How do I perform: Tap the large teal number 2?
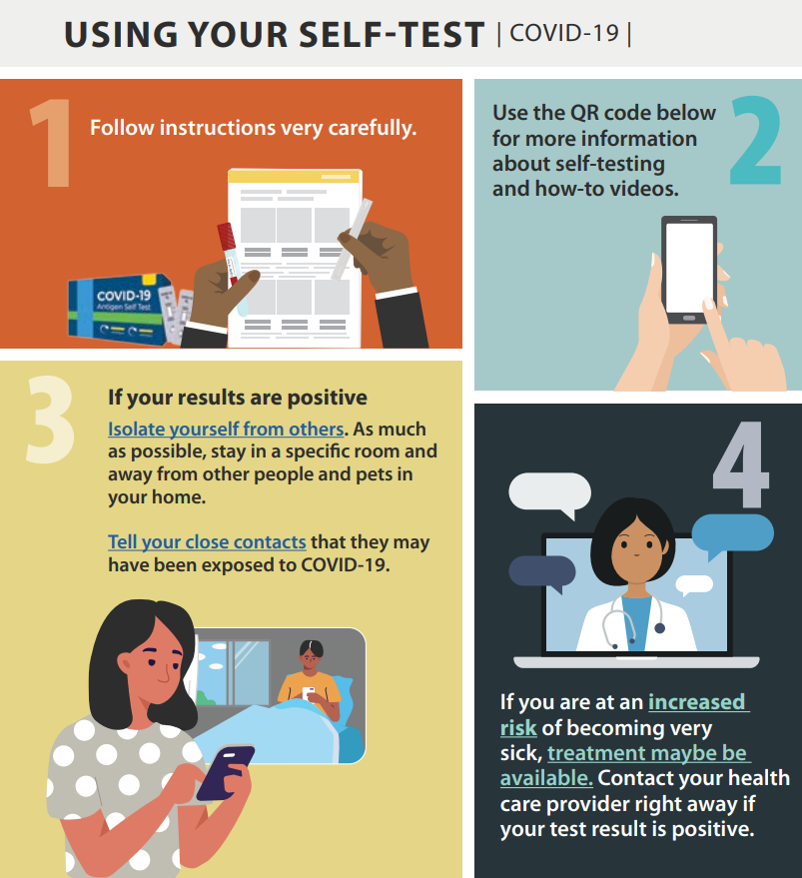[755, 140]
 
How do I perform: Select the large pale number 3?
[50, 420]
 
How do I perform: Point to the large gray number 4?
[740, 464]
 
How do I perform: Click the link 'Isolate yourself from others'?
[226, 429]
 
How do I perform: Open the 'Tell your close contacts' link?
[207, 542]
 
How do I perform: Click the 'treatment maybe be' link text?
[647, 753]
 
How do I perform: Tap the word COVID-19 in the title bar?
[564, 33]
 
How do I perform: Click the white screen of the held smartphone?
[689, 269]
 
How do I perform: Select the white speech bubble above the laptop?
[549, 492]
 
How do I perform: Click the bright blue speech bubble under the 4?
[732, 533]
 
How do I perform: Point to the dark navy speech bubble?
[541, 572]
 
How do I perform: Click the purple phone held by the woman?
[225, 771]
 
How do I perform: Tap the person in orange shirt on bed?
[311, 680]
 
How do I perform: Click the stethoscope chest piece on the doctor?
[659, 628]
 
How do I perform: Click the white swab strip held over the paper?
[352, 239]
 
